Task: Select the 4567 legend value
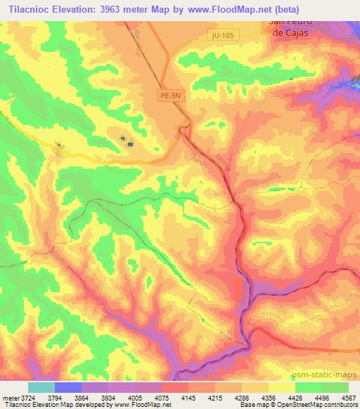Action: tap(348, 397)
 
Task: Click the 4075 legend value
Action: tap(162, 397)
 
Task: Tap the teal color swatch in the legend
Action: tap(41, 387)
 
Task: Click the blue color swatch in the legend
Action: tap(67, 387)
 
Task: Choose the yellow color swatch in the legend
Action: tap(281, 387)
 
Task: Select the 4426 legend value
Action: tap(295, 397)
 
